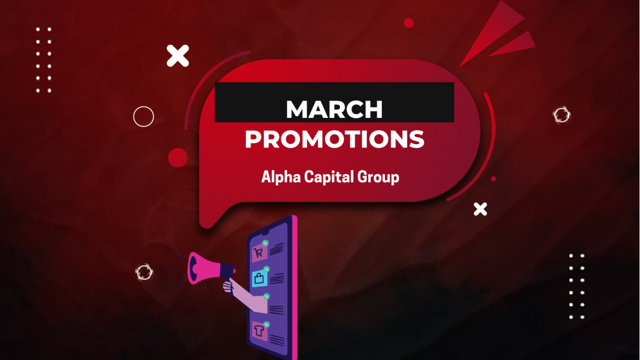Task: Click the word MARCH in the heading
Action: tap(334, 109)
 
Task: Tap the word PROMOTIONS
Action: tap(334, 140)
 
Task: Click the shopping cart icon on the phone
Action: tap(259, 253)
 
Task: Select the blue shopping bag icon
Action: tap(259, 279)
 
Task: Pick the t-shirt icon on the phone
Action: tap(259, 330)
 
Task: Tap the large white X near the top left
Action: tap(178, 56)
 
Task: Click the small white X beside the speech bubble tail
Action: tap(480, 209)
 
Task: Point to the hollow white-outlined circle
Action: tap(144, 117)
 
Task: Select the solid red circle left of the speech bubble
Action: tap(178, 158)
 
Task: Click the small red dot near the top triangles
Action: tap(408, 23)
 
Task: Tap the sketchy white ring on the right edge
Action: tap(561, 115)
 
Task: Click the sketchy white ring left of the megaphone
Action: tap(144, 272)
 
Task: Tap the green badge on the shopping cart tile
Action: tap(265, 243)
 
